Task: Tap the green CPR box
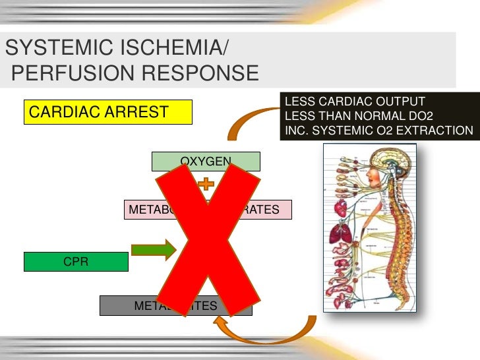[76, 262]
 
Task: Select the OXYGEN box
[206, 161]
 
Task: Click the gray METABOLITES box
[175, 306]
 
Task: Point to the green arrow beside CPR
[154, 251]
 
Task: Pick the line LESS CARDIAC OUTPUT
[354, 102]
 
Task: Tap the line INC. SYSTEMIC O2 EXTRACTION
[378, 131]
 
